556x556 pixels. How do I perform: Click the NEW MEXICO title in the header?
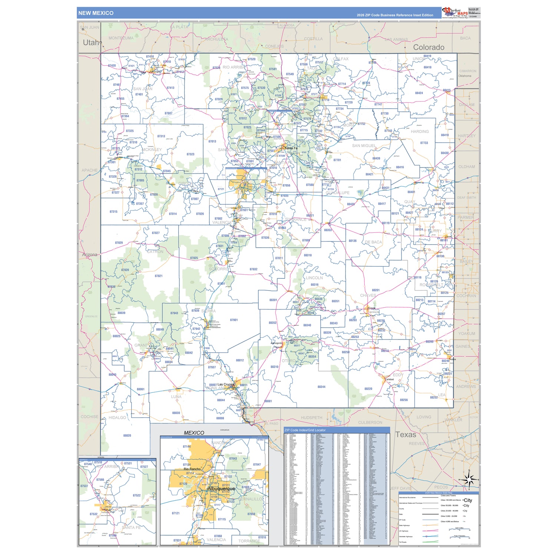coord(96,13)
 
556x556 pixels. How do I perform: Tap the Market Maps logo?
coord(455,13)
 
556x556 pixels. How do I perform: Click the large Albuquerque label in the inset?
coord(221,489)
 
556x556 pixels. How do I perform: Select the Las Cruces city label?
coord(226,384)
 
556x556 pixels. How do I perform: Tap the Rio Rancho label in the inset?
coord(192,469)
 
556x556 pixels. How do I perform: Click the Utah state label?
coord(91,42)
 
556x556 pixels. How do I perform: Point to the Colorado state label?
coord(428,47)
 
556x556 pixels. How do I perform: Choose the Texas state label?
coord(406,434)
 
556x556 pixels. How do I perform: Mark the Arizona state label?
coord(90,255)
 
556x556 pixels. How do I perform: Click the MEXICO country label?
coord(194,433)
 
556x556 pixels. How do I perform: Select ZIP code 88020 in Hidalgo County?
coord(127,436)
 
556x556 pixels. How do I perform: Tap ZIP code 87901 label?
coord(234,320)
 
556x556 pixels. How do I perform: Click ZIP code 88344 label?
coord(321,387)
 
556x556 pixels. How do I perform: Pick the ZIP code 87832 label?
coord(254,269)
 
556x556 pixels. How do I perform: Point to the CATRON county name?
coord(155,252)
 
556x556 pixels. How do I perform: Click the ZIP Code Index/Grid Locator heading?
coord(305,430)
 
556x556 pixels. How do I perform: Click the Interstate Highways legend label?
coord(406,536)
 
